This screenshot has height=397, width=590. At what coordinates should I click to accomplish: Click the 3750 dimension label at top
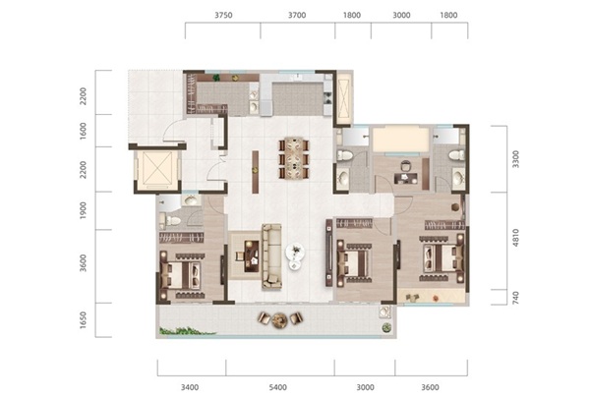click(x=223, y=15)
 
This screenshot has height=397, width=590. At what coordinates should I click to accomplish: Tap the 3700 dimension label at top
click(x=297, y=15)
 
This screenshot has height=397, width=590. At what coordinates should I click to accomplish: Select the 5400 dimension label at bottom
click(x=278, y=387)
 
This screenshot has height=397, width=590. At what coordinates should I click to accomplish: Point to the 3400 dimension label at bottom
click(x=190, y=387)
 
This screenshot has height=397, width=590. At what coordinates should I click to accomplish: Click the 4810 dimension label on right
click(x=515, y=238)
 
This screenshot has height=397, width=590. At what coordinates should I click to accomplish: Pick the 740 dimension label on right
click(x=515, y=298)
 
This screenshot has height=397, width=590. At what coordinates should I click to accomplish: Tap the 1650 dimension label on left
click(x=84, y=319)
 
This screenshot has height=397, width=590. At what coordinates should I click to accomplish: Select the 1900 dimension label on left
click(x=84, y=210)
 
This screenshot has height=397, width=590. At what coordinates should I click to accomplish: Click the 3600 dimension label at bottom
click(x=430, y=387)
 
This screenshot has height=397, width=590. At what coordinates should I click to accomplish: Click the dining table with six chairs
click(x=294, y=158)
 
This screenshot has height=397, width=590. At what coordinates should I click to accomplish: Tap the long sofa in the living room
click(x=271, y=256)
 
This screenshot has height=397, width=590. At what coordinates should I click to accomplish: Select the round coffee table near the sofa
click(x=295, y=253)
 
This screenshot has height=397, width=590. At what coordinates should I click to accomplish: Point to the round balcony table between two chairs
click(x=279, y=320)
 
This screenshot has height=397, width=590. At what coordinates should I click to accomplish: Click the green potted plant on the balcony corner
click(x=386, y=327)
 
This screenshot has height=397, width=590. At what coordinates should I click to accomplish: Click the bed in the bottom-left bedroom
click(x=181, y=275)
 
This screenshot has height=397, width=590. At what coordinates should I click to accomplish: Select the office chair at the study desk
click(x=405, y=166)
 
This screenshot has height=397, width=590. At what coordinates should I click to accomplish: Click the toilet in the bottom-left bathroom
click(x=169, y=220)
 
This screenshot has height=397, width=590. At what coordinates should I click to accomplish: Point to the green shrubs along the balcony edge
click(x=187, y=331)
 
